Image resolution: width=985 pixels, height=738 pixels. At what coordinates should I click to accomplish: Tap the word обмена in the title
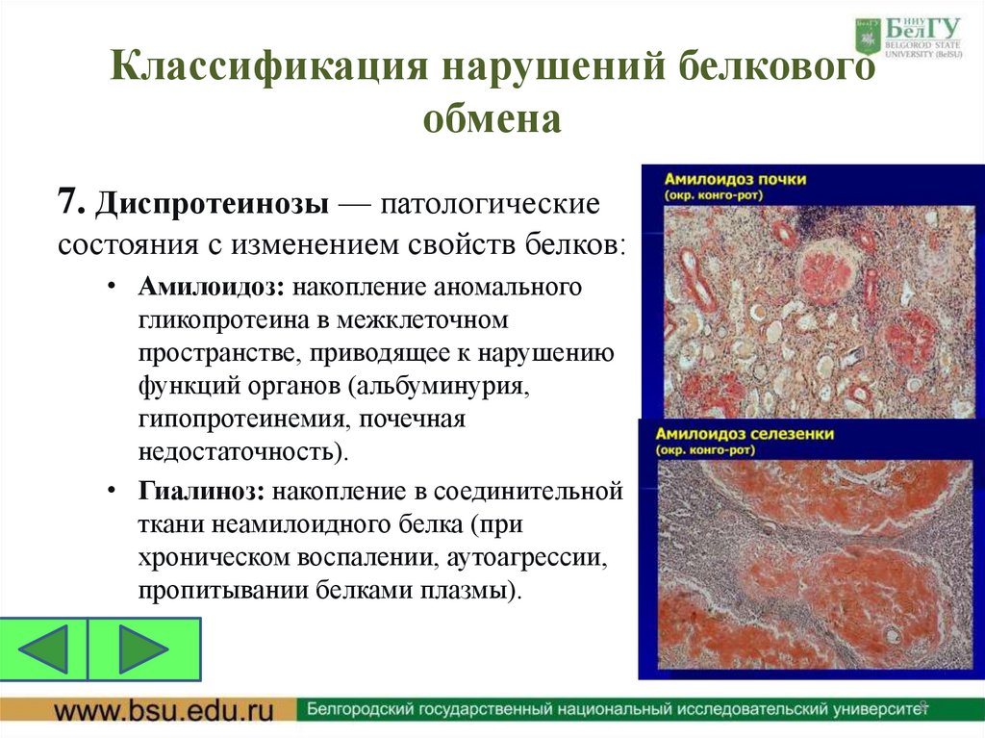pos(492,120)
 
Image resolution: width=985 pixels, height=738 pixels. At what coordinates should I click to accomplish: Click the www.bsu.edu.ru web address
pos(164,710)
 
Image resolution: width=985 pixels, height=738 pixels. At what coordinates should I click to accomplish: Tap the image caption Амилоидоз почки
pos(733,180)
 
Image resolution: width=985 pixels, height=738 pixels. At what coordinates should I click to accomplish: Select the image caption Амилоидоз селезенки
pos(745,435)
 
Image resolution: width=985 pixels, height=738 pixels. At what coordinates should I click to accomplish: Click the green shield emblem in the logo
pos(868,36)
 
